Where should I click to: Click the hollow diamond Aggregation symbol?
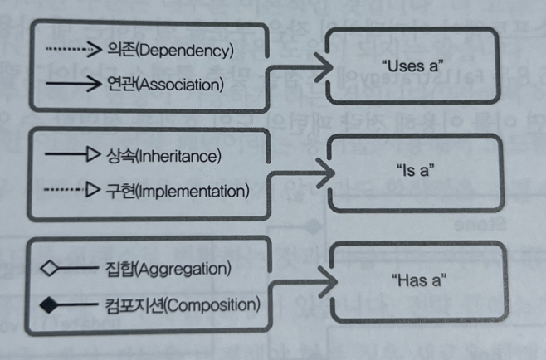(50, 268)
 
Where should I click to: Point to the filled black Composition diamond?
(50, 305)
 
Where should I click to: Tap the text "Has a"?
(412, 280)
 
